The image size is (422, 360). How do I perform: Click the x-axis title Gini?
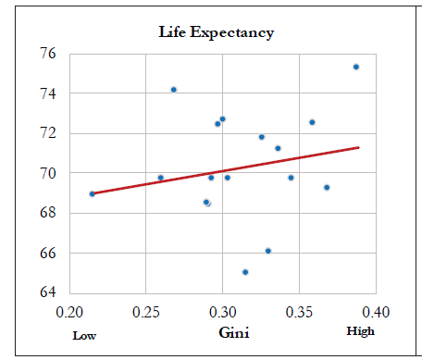click(232, 332)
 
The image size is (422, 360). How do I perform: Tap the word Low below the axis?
click(84, 335)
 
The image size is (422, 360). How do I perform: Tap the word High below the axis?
click(360, 331)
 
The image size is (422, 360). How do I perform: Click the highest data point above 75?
click(355, 67)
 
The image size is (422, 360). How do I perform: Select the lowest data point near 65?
click(245, 272)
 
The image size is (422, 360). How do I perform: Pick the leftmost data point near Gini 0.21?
click(92, 193)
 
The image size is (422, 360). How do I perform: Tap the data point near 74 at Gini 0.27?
click(173, 90)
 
